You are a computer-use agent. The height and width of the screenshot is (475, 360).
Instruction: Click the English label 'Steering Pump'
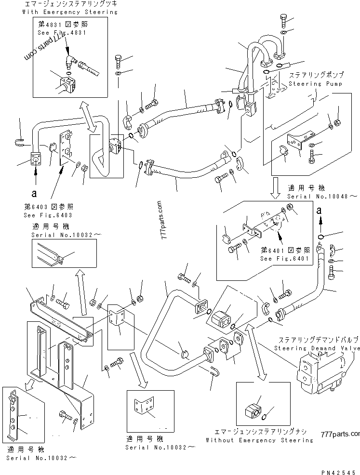pos(316,83)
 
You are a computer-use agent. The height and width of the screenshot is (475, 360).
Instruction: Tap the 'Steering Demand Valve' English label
pos(317,348)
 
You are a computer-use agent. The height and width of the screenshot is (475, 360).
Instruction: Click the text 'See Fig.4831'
pos(61,33)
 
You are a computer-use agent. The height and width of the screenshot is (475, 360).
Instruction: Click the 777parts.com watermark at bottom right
pos(339,435)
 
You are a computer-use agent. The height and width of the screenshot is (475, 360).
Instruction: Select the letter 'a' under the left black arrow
pos(34,194)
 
